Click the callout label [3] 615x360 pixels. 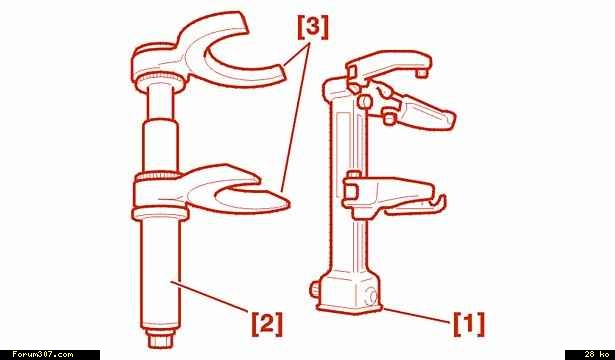click(313, 29)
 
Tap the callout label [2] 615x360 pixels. click(267, 324)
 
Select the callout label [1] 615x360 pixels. click(469, 324)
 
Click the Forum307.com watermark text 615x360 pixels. click(42, 355)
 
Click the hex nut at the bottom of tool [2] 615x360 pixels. click(160, 338)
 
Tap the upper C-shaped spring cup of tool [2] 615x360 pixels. click(204, 51)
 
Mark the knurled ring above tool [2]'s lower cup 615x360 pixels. click(158, 176)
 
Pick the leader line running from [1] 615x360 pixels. click(417, 316)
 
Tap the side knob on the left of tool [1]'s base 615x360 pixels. click(315, 290)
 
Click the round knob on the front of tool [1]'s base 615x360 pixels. click(370, 297)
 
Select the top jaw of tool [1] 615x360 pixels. click(388, 65)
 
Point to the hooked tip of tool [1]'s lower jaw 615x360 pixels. click(439, 204)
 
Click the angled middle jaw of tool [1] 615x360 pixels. click(416, 108)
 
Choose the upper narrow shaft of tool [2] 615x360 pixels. click(160, 103)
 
